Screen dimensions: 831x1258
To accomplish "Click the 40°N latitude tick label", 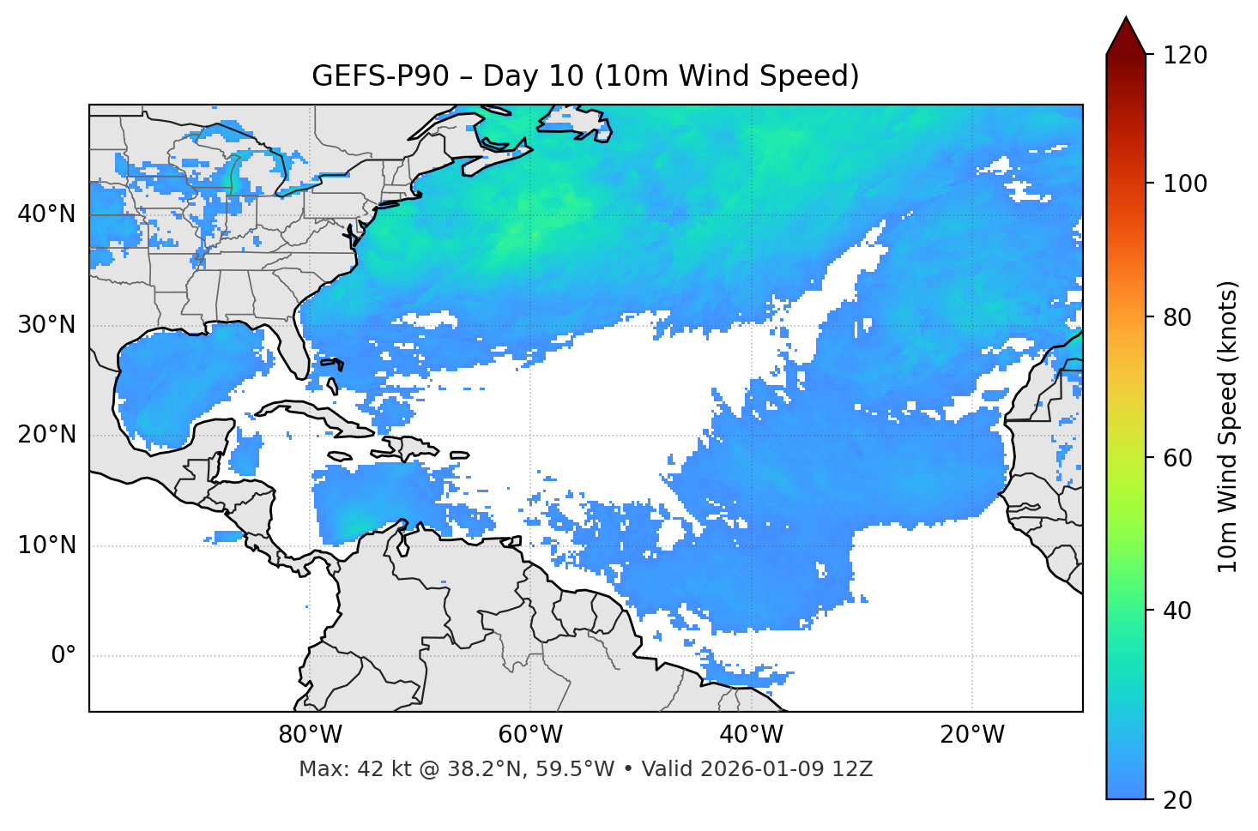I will (46, 214).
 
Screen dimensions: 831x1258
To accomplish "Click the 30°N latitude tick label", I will (46, 325).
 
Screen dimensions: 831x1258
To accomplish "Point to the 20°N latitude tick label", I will (46, 435).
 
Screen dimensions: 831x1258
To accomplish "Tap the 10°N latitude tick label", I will (46, 545).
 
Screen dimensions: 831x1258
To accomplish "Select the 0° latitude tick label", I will (63, 656).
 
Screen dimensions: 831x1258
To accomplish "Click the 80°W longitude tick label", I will (310, 735).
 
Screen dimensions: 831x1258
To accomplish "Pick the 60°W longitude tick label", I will (530, 735).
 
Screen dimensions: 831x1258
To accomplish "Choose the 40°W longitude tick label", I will (751, 735).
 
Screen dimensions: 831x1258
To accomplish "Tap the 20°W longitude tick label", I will (972, 735).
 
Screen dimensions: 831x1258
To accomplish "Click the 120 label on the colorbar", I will (1184, 56).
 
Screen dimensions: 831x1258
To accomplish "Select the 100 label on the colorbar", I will (1184, 184).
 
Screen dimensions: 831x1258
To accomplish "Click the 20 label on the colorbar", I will (1178, 800).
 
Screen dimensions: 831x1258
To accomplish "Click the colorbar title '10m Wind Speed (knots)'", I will (1228, 426).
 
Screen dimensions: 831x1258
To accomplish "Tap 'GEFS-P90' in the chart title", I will (380, 76).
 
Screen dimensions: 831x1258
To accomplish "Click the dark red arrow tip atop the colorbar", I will (1126, 34).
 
